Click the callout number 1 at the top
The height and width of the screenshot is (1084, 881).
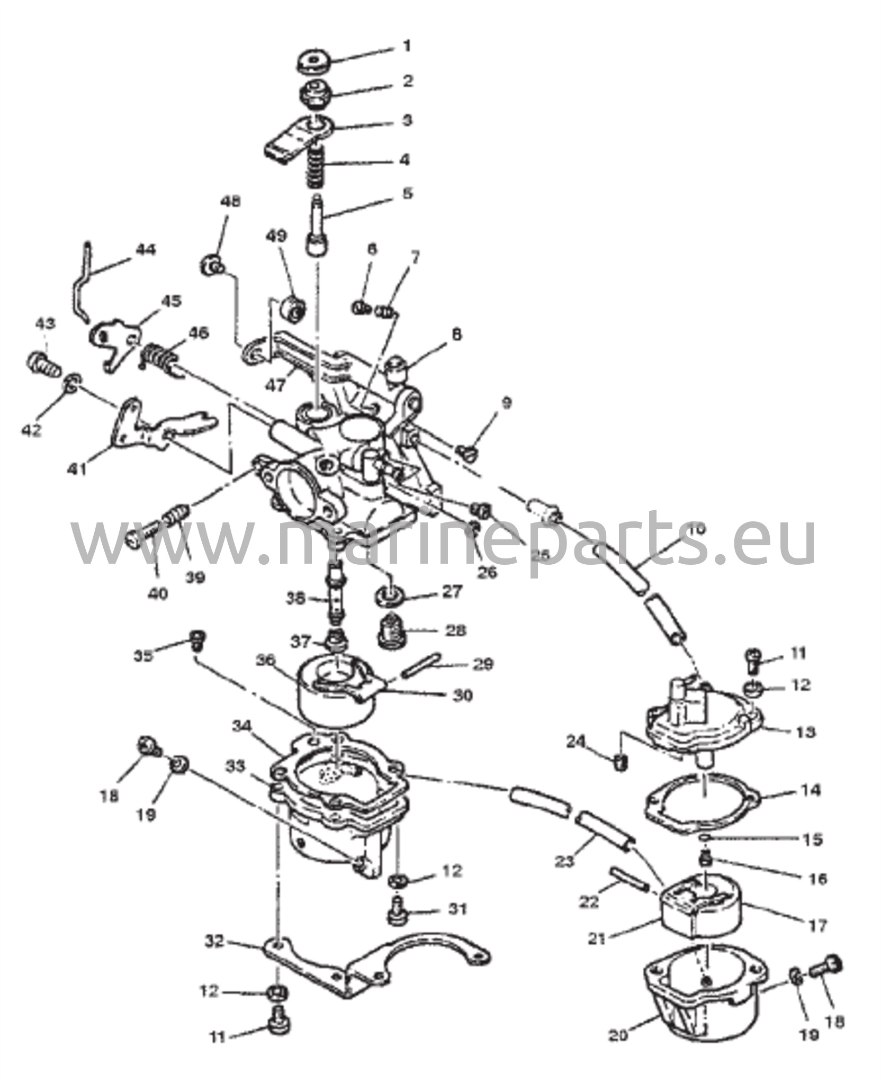[407, 47]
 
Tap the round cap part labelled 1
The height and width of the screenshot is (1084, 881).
[313, 62]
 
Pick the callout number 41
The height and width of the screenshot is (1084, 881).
[77, 468]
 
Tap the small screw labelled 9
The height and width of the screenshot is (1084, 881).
[469, 451]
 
